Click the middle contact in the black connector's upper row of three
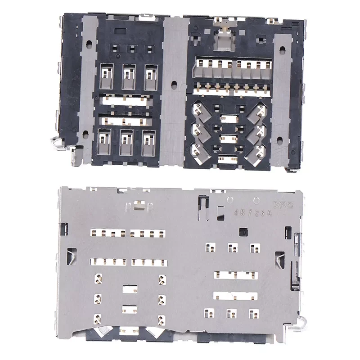(x=128, y=73)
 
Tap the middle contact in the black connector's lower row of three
(x=126, y=141)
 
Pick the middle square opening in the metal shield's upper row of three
(x=232, y=247)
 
